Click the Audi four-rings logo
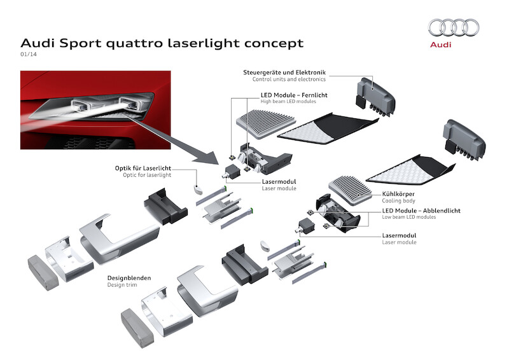coord(454,27)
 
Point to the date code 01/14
coord(29,55)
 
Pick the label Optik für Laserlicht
coord(143,168)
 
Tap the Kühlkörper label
coord(400,194)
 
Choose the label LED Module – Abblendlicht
coord(421,211)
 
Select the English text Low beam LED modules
coord(409,218)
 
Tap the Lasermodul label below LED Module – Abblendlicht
coord(400,235)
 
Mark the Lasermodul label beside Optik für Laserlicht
coord(279,181)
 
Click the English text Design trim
coord(122,286)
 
